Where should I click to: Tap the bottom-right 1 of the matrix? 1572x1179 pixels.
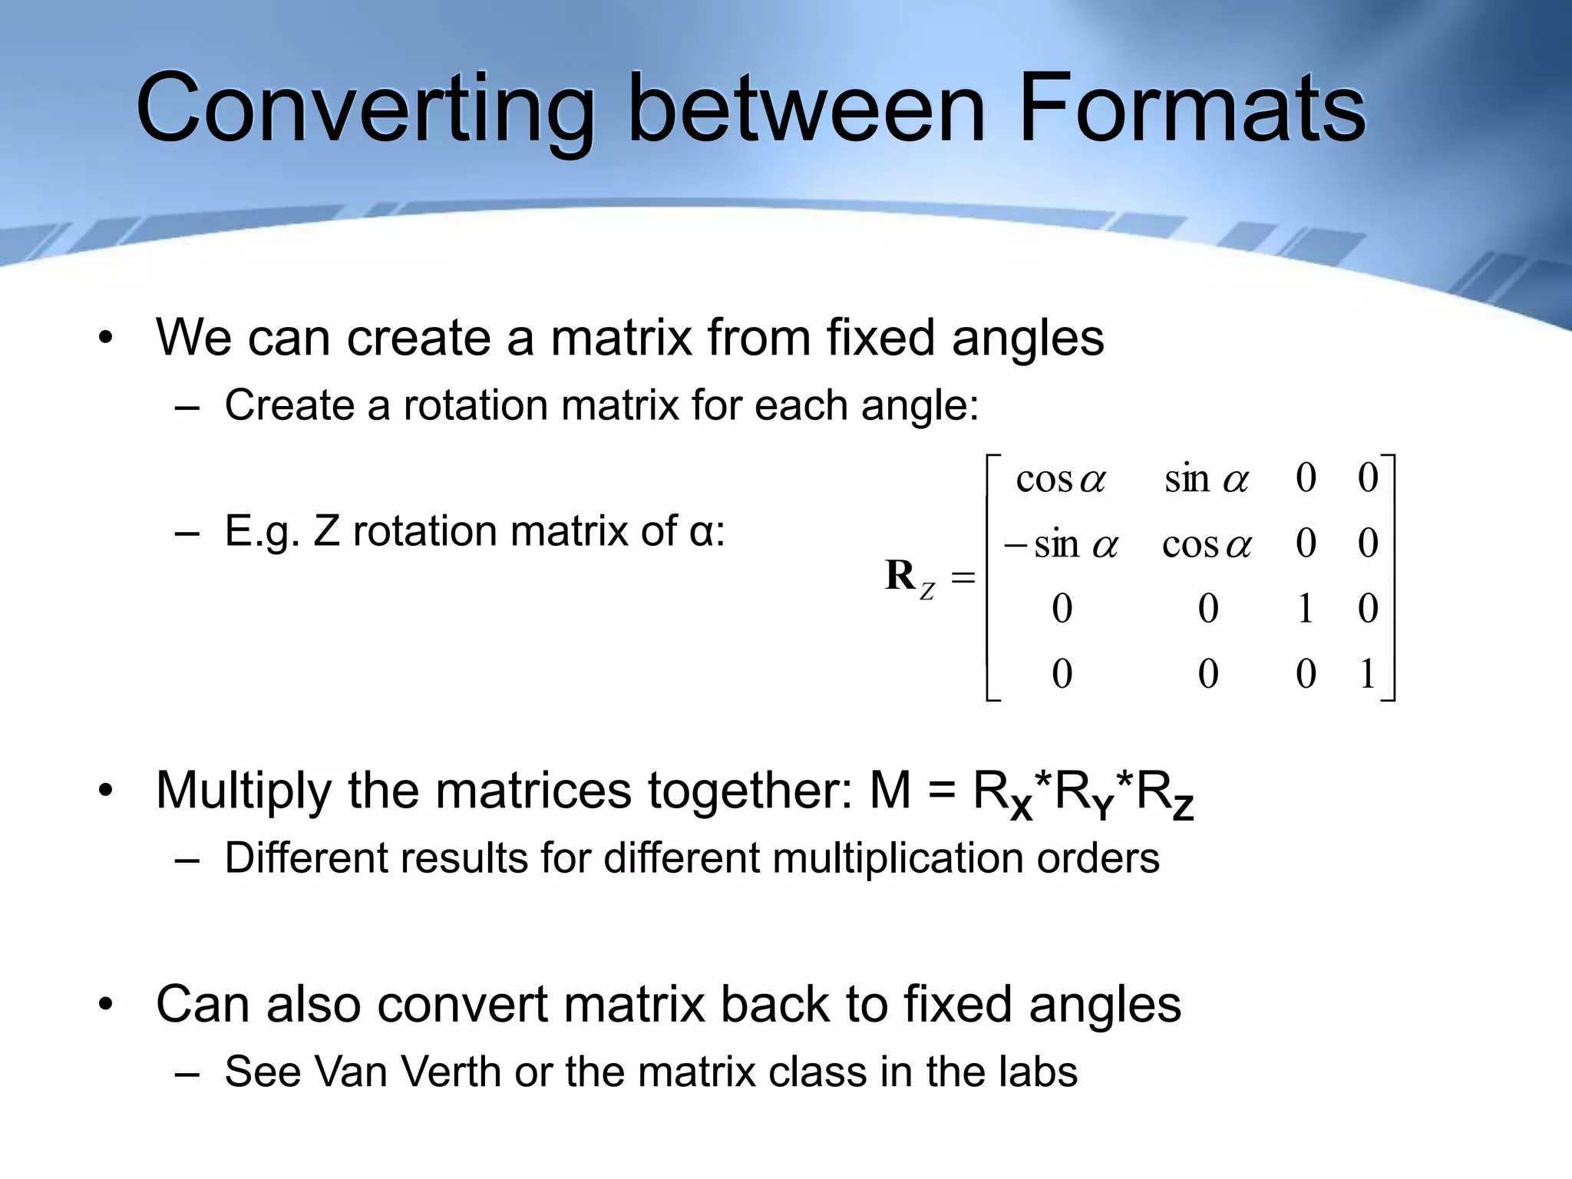click(x=1367, y=674)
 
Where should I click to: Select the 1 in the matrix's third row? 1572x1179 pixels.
click(x=1305, y=609)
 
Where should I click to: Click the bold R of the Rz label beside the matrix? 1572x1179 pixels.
click(x=900, y=575)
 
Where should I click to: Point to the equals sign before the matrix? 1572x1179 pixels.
click(x=963, y=576)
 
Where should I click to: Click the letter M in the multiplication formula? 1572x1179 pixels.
click(x=890, y=790)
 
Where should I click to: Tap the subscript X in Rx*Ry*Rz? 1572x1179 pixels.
click(x=1021, y=807)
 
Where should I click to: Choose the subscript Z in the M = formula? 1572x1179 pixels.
click(x=1183, y=807)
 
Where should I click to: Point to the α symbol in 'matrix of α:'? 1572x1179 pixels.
click(x=702, y=532)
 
